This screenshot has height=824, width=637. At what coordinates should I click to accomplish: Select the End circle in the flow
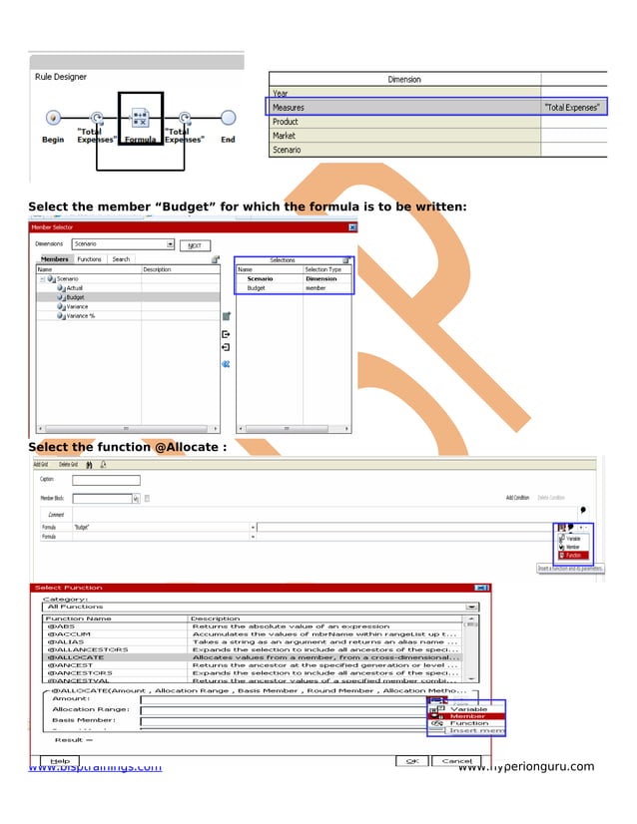click(x=228, y=118)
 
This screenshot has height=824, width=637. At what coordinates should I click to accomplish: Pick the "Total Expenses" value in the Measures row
click(x=573, y=107)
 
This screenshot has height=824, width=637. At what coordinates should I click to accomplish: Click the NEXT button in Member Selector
click(x=195, y=244)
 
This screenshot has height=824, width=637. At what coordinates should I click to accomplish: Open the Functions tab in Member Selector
click(x=90, y=259)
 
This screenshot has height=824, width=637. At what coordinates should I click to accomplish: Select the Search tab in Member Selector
click(x=121, y=259)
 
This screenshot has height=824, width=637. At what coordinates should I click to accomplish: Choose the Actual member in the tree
click(x=76, y=287)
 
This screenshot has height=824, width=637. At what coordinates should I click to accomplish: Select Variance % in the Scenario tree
click(x=81, y=315)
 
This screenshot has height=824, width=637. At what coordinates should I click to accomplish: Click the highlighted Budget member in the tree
click(x=76, y=297)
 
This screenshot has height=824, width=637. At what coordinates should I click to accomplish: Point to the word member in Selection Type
click(x=316, y=287)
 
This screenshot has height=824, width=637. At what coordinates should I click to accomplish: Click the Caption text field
click(x=106, y=480)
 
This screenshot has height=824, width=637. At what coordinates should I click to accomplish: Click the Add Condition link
click(x=516, y=497)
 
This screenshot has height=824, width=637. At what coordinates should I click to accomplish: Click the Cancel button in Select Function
click(x=456, y=760)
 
